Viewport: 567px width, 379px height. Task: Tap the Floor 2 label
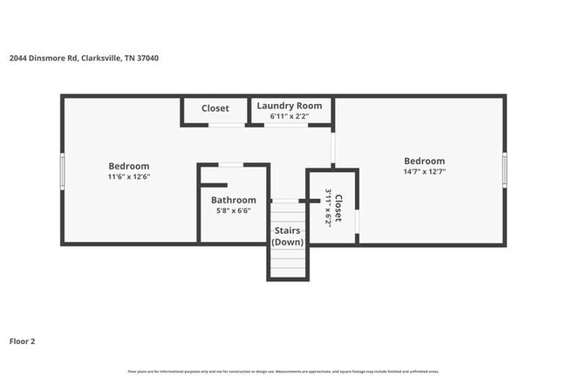pyautogui.click(x=23, y=341)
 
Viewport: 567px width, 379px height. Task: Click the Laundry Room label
pyautogui.click(x=289, y=106)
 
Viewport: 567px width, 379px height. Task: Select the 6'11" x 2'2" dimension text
pyautogui.click(x=289, y=116)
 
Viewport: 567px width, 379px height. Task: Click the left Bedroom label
pyautogui.click(x=128, y=166)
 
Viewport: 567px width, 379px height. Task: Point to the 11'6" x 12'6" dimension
pyautogui.click(x=128, y=176)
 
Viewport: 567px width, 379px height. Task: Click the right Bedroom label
pyautogui.click(x=424, y=161)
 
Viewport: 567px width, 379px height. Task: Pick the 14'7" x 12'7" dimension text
pyautogui.click(x=424, y=171)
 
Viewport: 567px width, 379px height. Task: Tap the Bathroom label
pyautogui.click(x=233, y=200)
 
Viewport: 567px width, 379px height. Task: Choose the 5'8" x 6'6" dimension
pyautogui.click(x=233, y=210)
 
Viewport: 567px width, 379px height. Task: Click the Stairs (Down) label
pyautogui.click(x=288, y=236)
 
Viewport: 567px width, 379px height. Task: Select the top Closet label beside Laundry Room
pyautogui.click(x=215, y=108)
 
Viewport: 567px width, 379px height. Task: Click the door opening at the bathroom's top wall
pyautogui.click(x=230, y=164)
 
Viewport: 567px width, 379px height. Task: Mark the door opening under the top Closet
pyautogui.click(x=227, y=124)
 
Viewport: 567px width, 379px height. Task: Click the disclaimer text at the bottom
pyautogui.click(x=283, y=371)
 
